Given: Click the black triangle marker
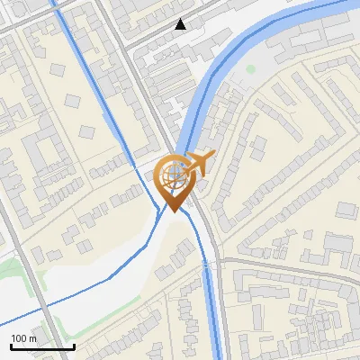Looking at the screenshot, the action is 181,24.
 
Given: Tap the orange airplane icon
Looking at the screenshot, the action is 198,165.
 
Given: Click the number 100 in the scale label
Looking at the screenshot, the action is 20,338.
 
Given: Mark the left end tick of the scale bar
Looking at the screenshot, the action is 11,346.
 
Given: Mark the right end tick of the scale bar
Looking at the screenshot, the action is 74,346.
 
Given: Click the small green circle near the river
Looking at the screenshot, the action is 251,68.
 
